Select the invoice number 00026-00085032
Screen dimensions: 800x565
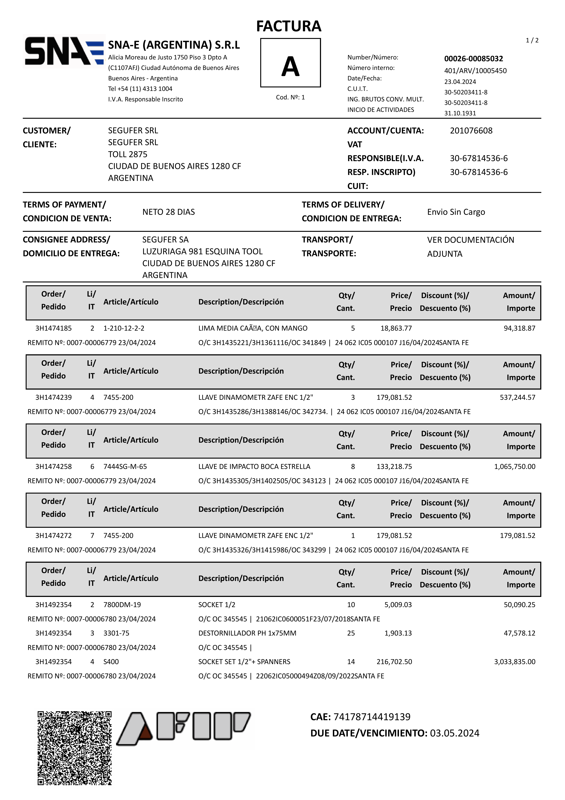point(473,59)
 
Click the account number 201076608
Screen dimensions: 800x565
point(471,131)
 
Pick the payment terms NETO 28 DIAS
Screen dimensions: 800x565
point(169,212)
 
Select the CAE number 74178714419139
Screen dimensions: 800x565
point(372,717)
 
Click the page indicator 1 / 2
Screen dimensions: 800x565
point(532,40)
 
